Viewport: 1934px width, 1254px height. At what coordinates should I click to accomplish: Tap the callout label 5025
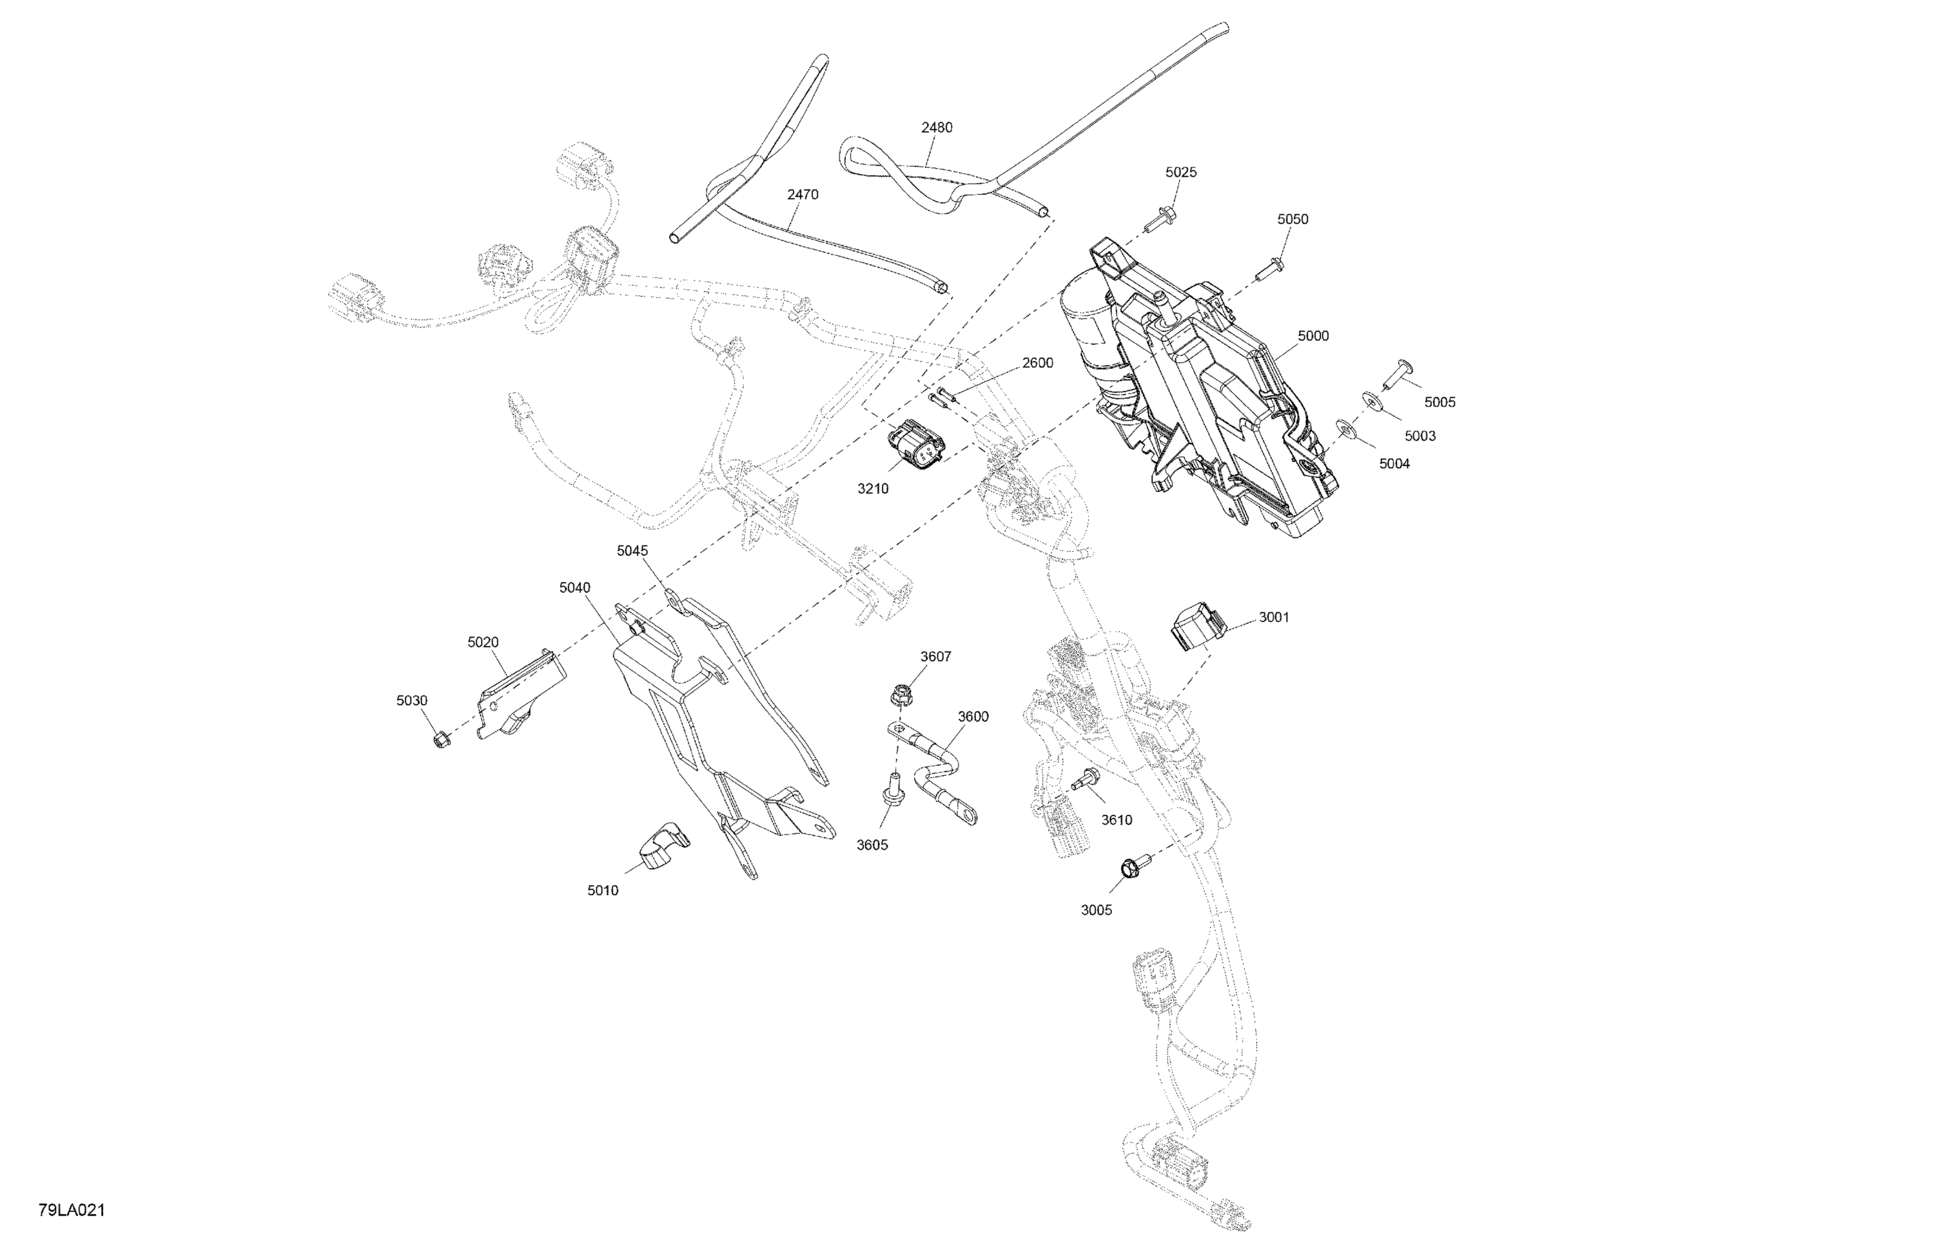[x=1181, y=172]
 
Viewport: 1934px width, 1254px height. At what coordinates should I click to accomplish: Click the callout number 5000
[x=1313, y=336]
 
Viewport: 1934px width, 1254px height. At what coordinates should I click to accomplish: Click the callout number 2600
[x=1038, y=362]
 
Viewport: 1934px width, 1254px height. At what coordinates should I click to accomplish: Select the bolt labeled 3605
[x=892, y=795]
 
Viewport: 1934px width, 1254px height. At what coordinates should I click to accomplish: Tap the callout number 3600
[x=973, y=716]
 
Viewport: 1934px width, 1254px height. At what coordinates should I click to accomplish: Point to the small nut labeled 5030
[x=441, y=740]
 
